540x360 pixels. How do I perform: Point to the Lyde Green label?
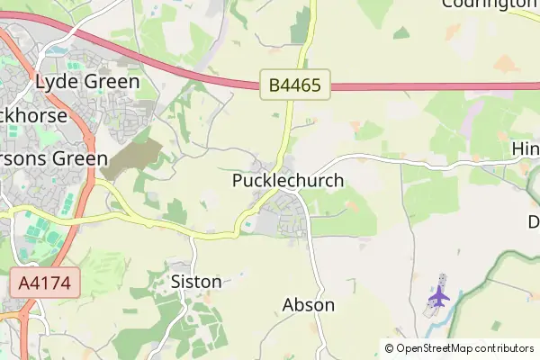coord(87,82)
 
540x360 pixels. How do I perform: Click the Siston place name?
coord(196,282)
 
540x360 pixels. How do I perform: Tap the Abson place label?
coord(309,305)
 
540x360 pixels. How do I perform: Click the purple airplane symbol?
coord(438,294)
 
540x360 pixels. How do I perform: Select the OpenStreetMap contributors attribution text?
coord(459,348)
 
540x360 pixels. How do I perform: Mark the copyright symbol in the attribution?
coord(390,348)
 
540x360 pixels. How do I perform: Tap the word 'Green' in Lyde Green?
coord(112,82)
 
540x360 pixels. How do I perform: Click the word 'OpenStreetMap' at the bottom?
coord(435,348)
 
